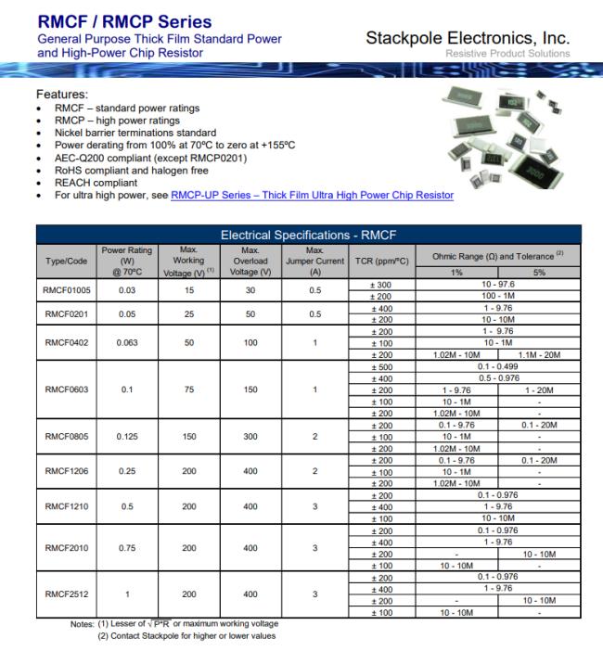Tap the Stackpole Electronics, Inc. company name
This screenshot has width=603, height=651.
click(x=468, y=39)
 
